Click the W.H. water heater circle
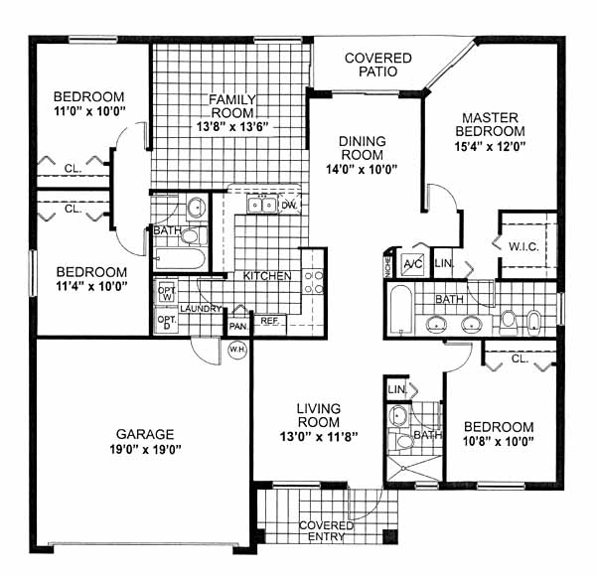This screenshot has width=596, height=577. (x=237, y=350)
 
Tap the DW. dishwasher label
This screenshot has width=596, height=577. (x=289, y=206)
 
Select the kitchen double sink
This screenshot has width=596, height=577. (x=262, y=206)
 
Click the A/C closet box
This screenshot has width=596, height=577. (x=413, y=263)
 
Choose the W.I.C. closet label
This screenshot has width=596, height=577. (x=523, y=247)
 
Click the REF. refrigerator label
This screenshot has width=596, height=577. (x=269, y=321)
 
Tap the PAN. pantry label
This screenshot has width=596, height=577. (x=238, y=327)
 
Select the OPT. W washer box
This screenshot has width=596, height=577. (x=167, y=293)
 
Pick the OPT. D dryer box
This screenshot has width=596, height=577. (x=167, y=322)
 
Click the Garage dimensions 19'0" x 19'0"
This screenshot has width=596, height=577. (x=145, y=450)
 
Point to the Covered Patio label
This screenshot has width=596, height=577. (x=378, y=65)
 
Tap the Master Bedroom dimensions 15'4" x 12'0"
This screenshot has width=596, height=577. (x=490, y=146)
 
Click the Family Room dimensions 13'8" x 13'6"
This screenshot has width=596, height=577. (x=232, y=126)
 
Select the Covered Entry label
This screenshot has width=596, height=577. (x=326, y=531)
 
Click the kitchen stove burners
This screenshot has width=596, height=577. (x=314, y=282)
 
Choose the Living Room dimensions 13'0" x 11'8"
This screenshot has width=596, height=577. (x=319, y=437)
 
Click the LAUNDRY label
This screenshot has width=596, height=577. (x=201, y=309)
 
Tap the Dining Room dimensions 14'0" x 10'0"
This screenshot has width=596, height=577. (x=362, y=169)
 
